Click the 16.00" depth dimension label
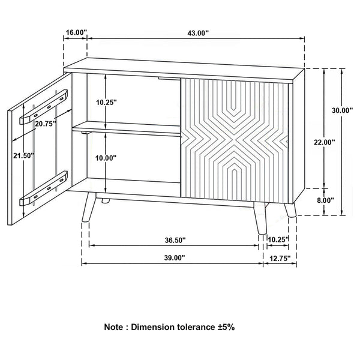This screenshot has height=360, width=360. pyautogui.click(x=76, y=32)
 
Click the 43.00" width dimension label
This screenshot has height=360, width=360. pyautogui.click(x=198, y=34)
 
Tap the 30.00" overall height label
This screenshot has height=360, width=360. pyautogui.click(x=342, y=110)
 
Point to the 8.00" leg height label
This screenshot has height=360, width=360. pyautogui.click(x=325, y=200)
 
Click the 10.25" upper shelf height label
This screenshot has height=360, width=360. pyautogui.click(x=107, y=102)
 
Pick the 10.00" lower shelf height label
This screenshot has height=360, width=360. pyautogui.click(x=107, y=158)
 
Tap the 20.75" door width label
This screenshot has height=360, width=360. pyautogui.click(x=46, y=124)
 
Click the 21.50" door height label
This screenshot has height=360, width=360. pyautogui.click(x=24, y=155)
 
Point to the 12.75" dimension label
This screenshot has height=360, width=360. pyautogui.click(x=279, y=258)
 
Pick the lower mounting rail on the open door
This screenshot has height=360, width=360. pyautogui.click(x=44, y=190)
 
